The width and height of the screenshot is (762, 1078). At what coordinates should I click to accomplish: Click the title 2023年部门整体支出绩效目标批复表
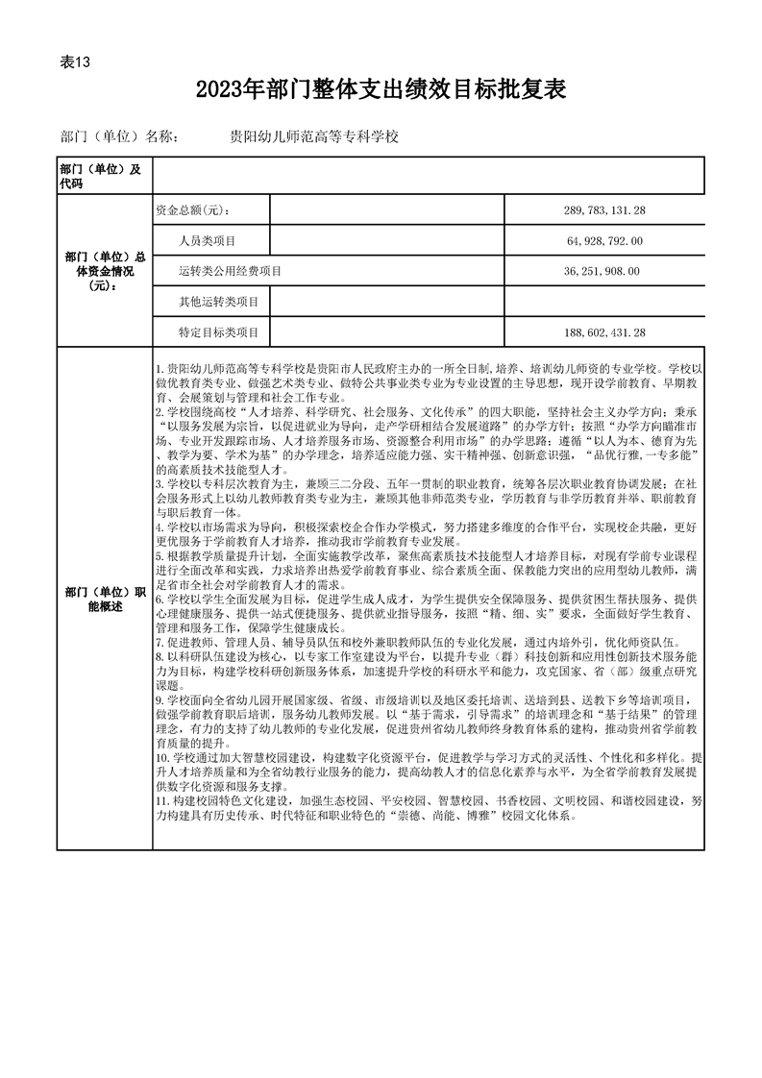coord(380,91)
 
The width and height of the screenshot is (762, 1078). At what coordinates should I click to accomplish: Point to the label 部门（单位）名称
coord(118,137)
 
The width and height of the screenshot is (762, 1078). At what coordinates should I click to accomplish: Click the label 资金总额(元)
coord(192,210)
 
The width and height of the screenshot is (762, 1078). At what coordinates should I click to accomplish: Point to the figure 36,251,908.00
coord(603,272)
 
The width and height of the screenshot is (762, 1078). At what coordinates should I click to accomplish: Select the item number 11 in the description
coord(160,800)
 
